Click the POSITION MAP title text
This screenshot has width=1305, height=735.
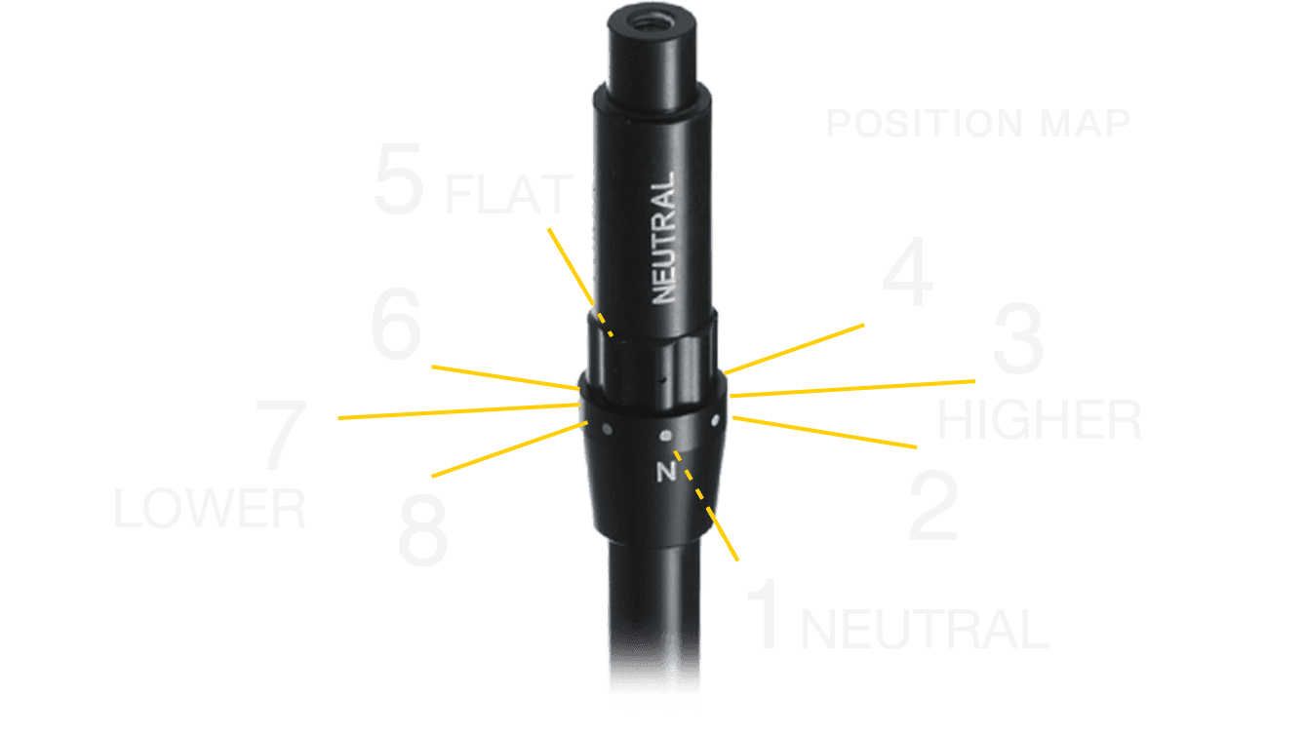pyautogui.click(x=978, y=123)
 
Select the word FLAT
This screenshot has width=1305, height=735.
pyautogui.click(x=508, y=195)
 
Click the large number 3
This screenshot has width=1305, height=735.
pyautogui.click(x=1018, y=338)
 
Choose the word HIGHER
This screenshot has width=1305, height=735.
pyautogui.click(x=1039, y=420)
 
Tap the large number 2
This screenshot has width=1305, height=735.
pyautogui.click(x=933, y=506)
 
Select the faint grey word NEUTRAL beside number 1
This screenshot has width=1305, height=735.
pyautogui.click(x=925, y=629)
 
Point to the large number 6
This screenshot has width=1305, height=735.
pyautogui.click(x=396, y=324)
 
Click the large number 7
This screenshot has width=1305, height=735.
pyautogui.click(x=281, y=434)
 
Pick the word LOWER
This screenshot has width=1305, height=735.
pyautogui.click(x=210, y=509)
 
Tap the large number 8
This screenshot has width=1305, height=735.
pyautogui.click(x=423, y=529)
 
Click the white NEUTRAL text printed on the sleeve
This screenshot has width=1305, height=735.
pyautogui.click(x=663, y=238)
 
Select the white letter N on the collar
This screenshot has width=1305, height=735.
pyautogui.click(x=666, y=471)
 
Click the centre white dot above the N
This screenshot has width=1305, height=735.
pyautogui.click(x=665, y=436)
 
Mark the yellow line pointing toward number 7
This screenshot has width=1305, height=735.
pyautogui.click(x=458, y=411)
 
